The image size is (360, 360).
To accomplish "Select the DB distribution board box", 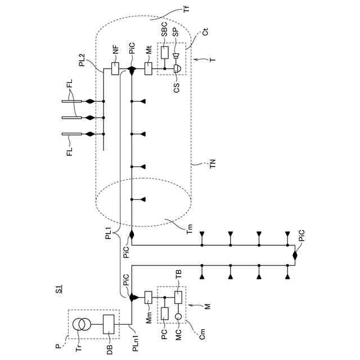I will click(x=109, y=325).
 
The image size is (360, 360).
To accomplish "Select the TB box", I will click(x=178, y=297).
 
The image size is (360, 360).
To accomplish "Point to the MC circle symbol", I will click(x=178, y=317).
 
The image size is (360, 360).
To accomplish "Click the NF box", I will click(x=116, y=70).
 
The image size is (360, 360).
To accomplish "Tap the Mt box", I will click(x=149, y=70).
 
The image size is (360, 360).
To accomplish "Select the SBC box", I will click(x=165, y=52).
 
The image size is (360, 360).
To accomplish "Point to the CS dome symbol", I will click(x=177, y=69).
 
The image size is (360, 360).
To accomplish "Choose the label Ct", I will click(x=206, y=35).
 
